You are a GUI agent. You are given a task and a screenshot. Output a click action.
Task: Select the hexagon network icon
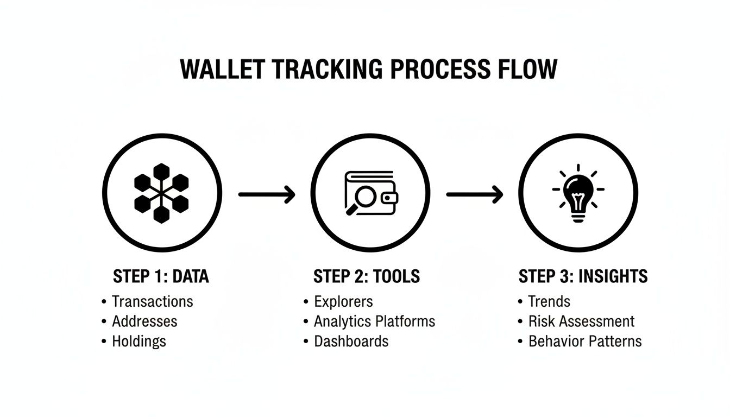point(161,194)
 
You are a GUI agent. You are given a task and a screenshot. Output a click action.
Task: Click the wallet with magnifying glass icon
point(370,194)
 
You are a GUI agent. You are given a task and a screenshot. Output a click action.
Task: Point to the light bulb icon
point(578,194)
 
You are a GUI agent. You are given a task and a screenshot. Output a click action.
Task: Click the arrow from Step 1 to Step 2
point(266,194)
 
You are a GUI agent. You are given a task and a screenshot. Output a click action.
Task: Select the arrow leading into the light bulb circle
point(474,194)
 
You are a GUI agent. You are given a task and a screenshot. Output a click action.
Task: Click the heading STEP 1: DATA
point(161,276)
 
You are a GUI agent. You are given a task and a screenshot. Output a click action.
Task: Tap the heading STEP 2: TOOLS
point(367,276)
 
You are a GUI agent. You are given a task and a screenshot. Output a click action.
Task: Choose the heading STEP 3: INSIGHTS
point(583,276)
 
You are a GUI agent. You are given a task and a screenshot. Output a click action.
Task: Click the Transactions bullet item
point(152,301)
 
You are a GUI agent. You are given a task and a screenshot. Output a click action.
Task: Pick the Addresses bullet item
point(144,321)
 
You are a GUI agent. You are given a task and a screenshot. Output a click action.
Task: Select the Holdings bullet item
point(139,342)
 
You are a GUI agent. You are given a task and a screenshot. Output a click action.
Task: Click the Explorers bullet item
point(343,301)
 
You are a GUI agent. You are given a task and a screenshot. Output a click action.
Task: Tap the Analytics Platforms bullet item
point(374,321)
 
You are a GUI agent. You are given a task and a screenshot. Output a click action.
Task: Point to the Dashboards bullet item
point(351,342)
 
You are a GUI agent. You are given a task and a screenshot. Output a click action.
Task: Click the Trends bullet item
point(549,301)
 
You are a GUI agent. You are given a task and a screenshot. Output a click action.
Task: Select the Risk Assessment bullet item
point(581,321)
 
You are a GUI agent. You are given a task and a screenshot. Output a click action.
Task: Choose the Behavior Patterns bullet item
point(585,342)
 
